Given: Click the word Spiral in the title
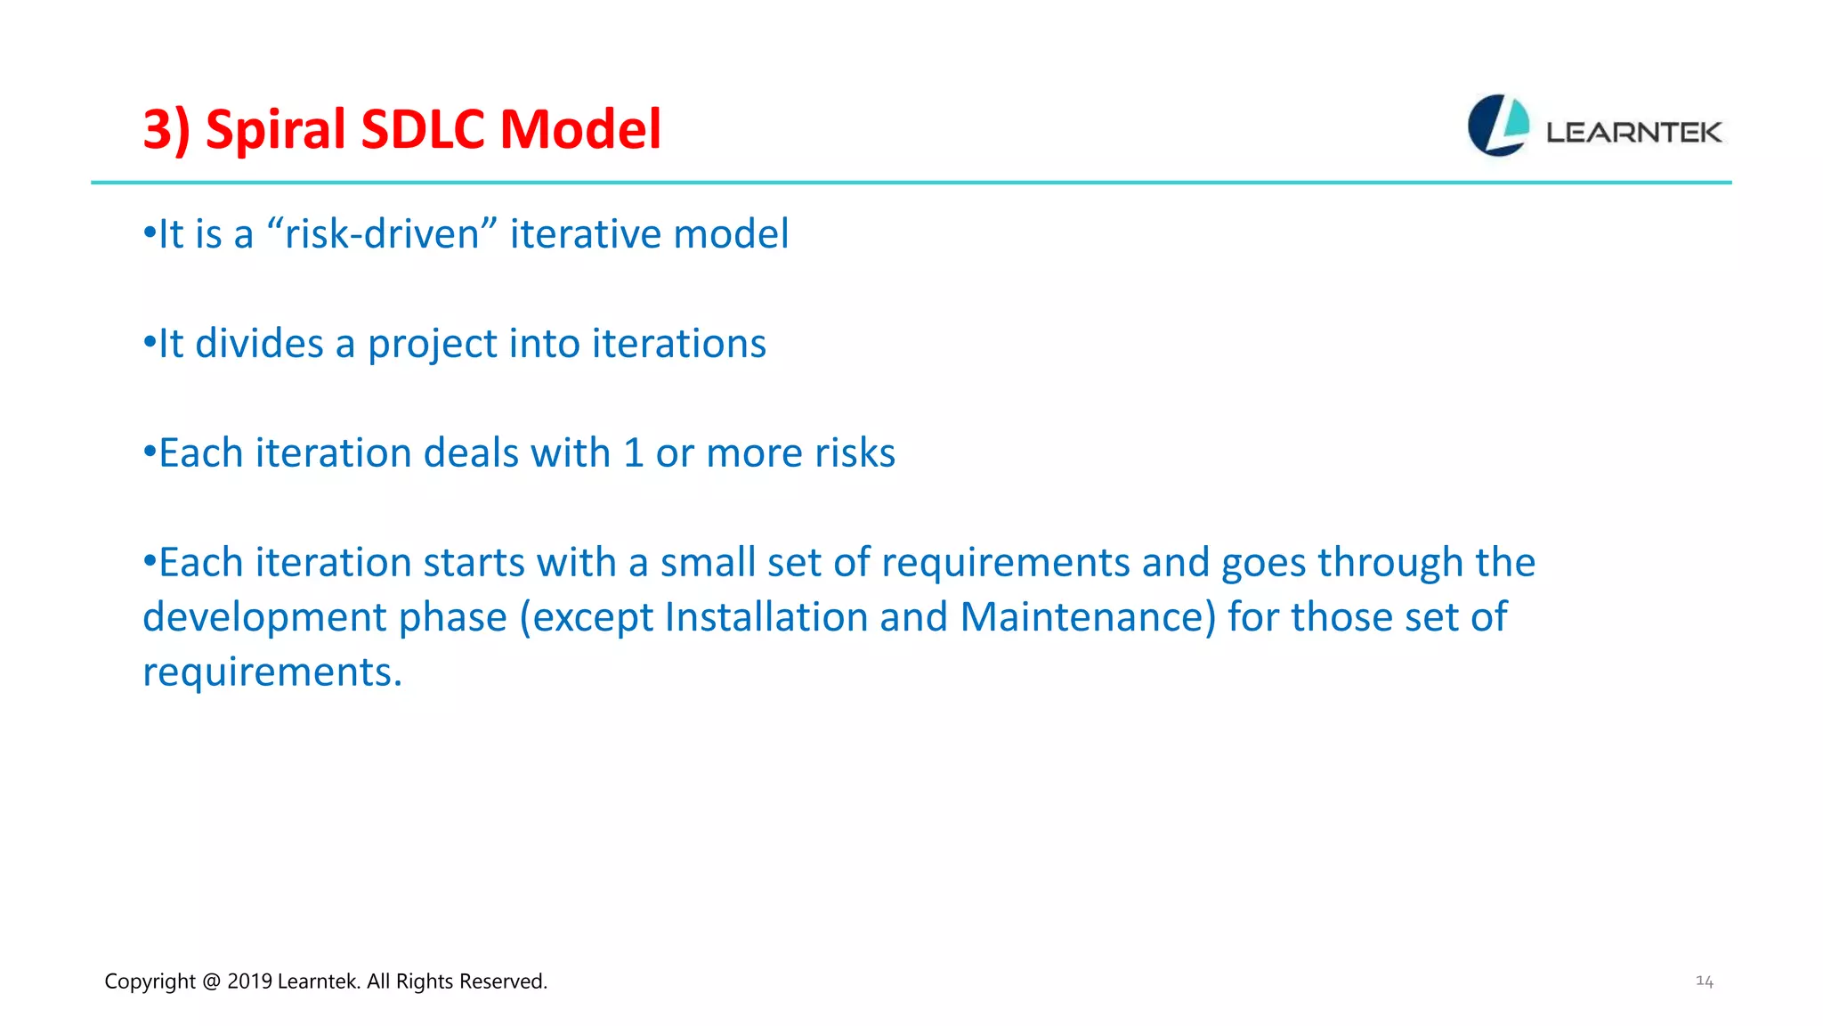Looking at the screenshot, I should (276, 130).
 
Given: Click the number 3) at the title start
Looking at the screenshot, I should (166, 130).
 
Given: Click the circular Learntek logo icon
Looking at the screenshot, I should (1498, 126).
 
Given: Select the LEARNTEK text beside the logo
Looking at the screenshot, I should (1633, 133).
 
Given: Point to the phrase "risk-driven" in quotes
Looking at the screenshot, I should (382, 234).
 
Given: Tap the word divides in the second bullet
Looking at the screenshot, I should (259, 344).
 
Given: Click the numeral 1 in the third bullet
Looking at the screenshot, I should (633, 453).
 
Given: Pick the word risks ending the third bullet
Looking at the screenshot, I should (855, 453).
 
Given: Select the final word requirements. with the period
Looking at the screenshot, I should (272, 672).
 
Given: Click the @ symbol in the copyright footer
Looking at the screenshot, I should (211, 981).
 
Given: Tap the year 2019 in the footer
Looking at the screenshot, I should (249, 981).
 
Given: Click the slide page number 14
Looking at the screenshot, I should (1704, 981).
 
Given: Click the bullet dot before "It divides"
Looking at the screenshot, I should (150, 342).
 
